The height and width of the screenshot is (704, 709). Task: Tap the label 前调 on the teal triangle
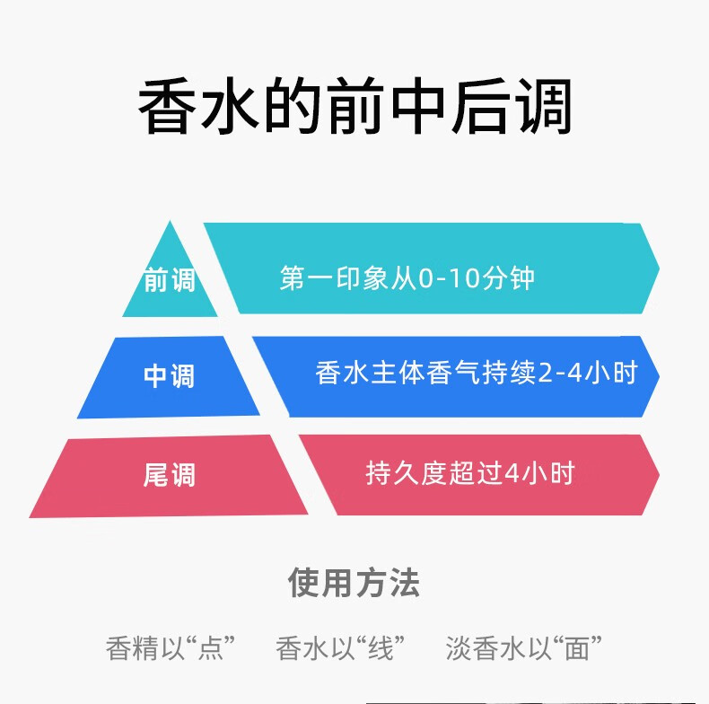170,281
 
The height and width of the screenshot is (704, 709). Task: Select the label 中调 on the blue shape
169,375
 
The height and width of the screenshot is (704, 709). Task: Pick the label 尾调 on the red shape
169,473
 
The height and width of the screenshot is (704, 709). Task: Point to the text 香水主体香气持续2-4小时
476,373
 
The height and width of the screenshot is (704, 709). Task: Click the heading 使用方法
354,583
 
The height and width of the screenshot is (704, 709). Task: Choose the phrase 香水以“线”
341,647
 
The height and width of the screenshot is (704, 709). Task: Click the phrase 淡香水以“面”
524,647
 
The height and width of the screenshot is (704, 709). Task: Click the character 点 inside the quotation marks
211,647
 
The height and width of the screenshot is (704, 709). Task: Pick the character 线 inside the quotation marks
381,647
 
